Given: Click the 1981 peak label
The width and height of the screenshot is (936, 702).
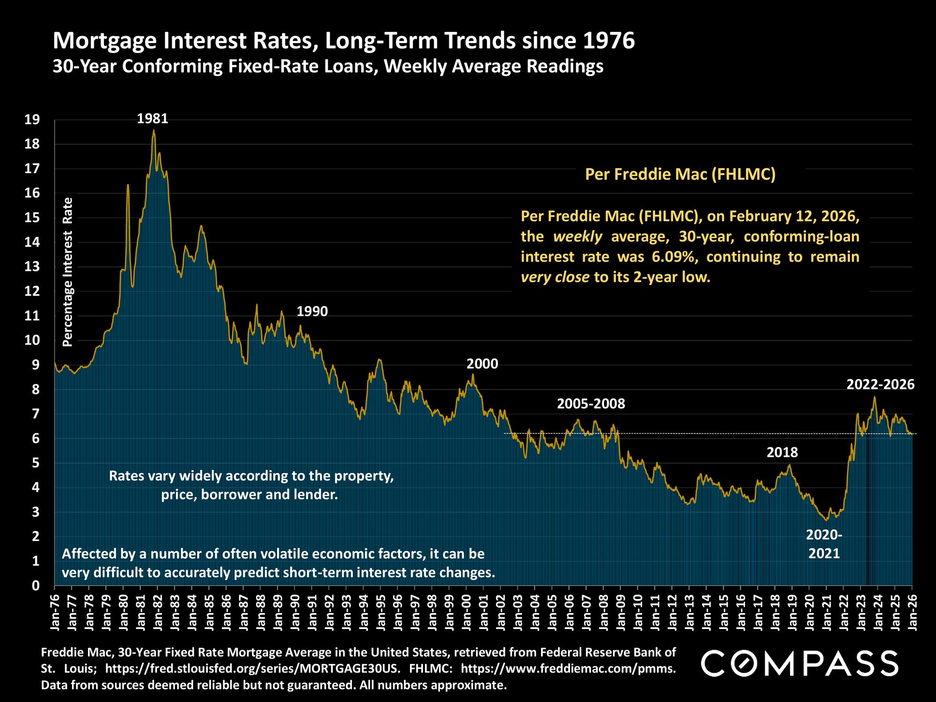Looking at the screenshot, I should [x=152, y=119].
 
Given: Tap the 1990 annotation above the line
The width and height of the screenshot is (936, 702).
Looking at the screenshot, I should [x=312, y=311].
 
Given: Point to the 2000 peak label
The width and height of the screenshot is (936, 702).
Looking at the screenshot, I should [x=482, y=364].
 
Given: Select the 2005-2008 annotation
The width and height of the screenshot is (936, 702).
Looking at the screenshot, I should [x=591, y=403].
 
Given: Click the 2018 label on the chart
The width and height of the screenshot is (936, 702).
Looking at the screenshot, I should [x=782, y=452].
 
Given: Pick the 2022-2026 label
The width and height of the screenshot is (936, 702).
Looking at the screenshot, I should [x=880, y=385].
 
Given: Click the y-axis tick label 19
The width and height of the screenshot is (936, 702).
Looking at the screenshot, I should [x=32, y=120].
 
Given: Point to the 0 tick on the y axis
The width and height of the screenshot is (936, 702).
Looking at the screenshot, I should [x=36, y=585].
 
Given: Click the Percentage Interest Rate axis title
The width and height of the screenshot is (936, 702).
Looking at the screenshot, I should [x=68, y=271].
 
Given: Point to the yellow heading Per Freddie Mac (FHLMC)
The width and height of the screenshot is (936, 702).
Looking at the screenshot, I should [x=680, y=175].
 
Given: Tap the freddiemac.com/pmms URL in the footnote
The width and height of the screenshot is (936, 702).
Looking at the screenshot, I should [x=568, y=669].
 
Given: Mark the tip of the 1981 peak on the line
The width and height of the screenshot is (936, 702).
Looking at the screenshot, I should [x=154, y=131].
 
